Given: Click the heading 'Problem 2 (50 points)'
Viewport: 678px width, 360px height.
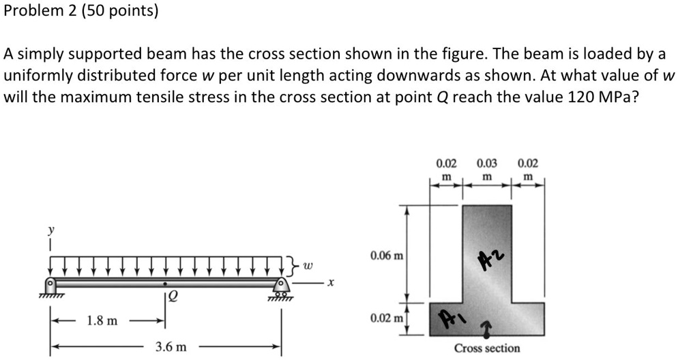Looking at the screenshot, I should pyautogui.click(x=81, y=12).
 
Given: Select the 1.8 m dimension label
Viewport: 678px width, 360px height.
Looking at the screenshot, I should pyautogui.click(x=102, y=320).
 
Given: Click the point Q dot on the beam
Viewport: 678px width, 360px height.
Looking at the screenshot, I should pyautogui.click(x=164, y=281).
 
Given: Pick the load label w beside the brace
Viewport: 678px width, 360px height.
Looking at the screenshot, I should pyautogui.click(x=308, y=263).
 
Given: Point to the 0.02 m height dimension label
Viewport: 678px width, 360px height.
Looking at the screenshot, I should pyautogui.click(x=386, y=318).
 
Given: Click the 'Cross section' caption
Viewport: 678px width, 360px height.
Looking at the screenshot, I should pyautogui.click(x=487, y=348).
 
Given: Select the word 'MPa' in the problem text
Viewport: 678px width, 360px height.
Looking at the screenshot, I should pyautogui.click(x=618, y=96).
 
